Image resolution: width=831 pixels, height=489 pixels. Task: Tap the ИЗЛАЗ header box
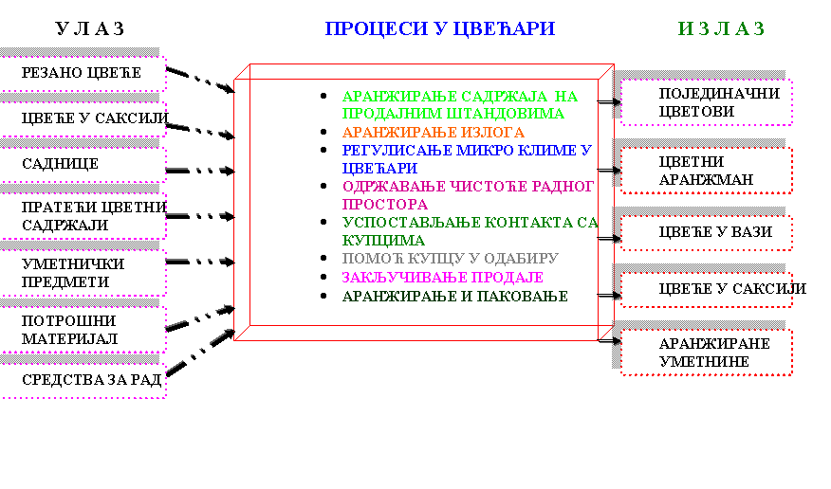[x=695, y=29]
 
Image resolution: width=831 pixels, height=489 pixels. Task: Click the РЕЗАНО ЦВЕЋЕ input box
[x=83, y=73]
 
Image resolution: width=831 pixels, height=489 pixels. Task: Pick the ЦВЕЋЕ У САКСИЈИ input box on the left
[x=83, y=118]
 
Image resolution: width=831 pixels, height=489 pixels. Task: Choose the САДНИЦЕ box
[x=83, y=164]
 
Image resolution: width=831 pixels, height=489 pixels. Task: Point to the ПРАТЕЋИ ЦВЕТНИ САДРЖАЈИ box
[x=83, y=216]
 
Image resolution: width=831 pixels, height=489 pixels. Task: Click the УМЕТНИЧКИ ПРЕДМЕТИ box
[x=83, y=273]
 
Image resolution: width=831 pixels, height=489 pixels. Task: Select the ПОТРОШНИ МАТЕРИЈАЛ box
[x=83, y=329]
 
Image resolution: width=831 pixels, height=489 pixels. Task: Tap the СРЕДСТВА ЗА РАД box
[x=83, y=381]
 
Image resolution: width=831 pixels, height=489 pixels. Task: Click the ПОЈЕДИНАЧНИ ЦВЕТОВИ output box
[x=706, y=102]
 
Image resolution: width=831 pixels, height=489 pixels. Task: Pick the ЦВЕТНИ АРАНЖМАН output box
[x=706, y=171]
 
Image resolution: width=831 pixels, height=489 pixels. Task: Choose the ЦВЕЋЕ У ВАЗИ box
[x=706, y=232]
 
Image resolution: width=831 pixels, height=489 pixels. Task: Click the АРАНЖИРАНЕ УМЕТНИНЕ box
[x=706, y=353]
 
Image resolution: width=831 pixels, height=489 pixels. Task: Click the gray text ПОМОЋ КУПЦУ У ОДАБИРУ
[x=450, y=259]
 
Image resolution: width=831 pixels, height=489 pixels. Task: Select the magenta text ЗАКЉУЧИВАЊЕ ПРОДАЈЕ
[x=442, y=278]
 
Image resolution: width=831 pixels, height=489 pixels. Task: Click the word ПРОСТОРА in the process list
[x=384, y=204]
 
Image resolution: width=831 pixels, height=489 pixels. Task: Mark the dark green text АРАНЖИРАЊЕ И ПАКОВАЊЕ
[x=454, y=297]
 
